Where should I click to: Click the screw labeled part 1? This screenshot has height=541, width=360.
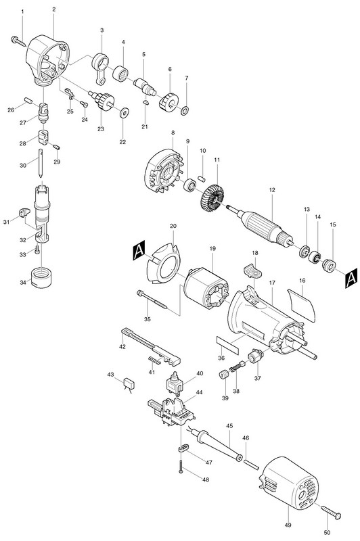(x=18, y=41)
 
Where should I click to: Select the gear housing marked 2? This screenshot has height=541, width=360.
(x=48, y=60)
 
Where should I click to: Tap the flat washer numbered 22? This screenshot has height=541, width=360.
(x=125, y=112)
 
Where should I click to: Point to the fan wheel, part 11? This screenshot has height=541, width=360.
(x=213, y=197)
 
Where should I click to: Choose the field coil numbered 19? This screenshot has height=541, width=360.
(x=206, y=288)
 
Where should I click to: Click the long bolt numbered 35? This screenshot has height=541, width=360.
(x=152, y=299)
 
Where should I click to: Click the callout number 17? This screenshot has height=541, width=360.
(x=272, y=283)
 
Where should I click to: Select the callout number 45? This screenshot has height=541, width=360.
(x=229, y=427)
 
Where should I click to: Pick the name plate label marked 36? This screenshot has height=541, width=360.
(x=227, y=344)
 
